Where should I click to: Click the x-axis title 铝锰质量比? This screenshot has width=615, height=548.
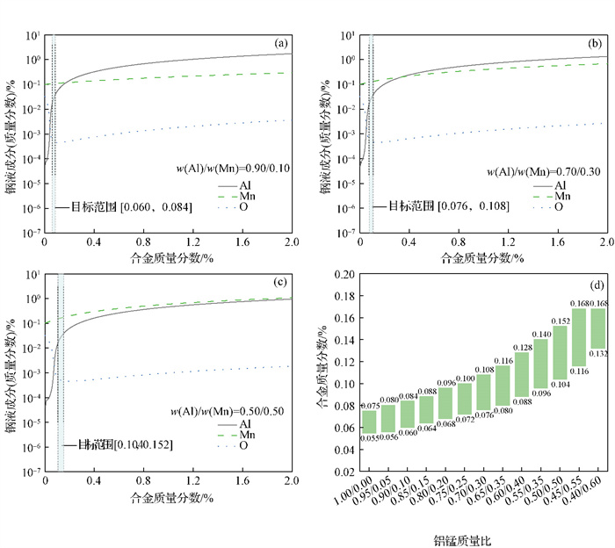(x=465, y=541)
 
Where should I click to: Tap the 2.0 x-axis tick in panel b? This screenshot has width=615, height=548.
(x=606, y=243)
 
